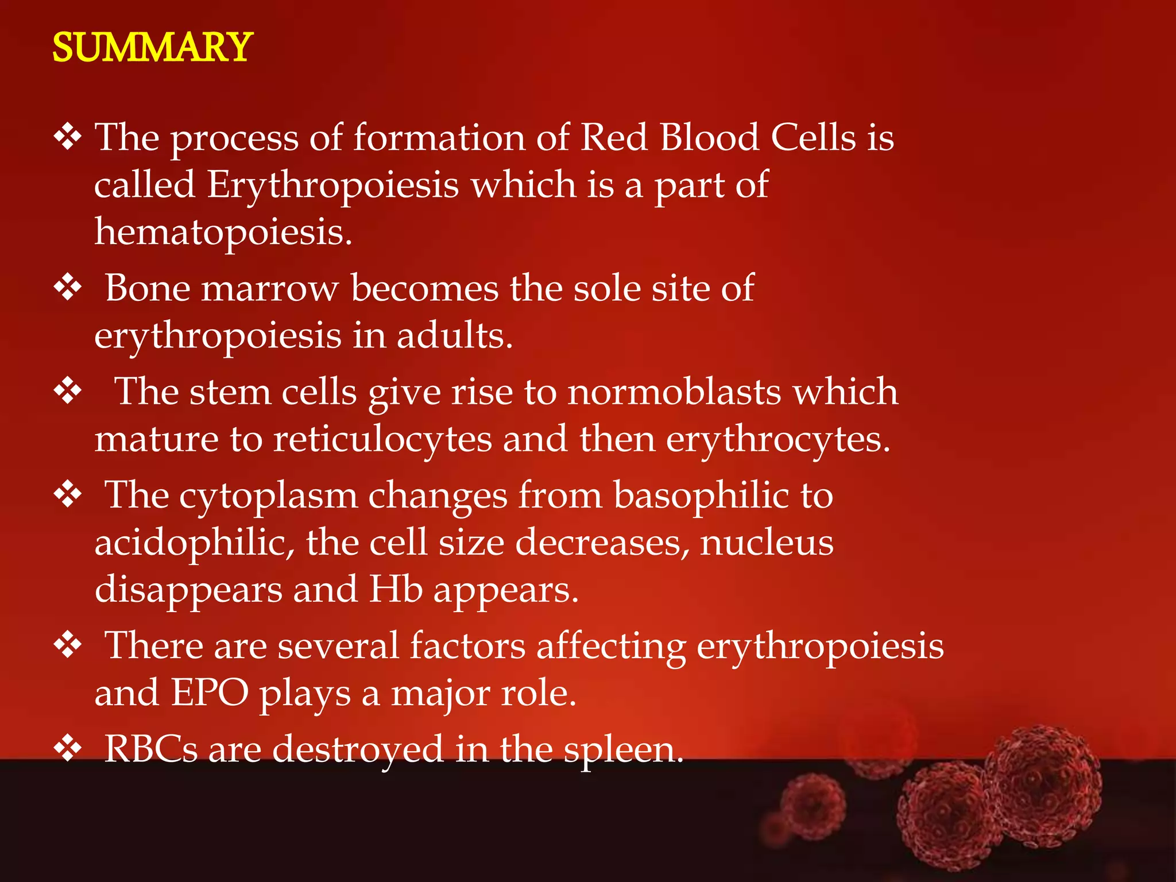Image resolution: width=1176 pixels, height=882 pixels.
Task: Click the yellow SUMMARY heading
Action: (x=152, y=47)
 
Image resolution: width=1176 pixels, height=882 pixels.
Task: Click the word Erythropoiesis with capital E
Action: (x=333, y=185)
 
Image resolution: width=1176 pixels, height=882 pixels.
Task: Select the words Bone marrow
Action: (x=222, y=288)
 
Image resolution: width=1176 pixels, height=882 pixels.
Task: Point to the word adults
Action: (x=454, y=335)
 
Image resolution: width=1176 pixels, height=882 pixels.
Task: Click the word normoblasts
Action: (x=675, y=392)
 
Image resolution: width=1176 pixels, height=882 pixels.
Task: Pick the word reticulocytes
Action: (x=382, y=439)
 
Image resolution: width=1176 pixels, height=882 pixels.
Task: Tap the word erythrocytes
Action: (x=778, y=439)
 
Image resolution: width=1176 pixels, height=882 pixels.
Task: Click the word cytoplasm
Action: (x=268, y=496)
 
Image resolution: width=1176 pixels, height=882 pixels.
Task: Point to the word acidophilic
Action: (x=195, y=542)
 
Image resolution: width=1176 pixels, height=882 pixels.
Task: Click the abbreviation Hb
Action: (x=396, y=589)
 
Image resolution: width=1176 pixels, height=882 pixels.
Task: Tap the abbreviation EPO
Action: (x=210, y=693)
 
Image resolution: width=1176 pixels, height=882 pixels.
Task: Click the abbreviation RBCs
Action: (x=151, y=749)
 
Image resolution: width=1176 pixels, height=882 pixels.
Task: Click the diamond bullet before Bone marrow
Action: (x=68, y=288)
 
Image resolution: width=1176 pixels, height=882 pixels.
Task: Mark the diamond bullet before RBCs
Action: (x=68, y=749)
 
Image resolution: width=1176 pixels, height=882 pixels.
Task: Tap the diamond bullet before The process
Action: (x=68, y=138)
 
